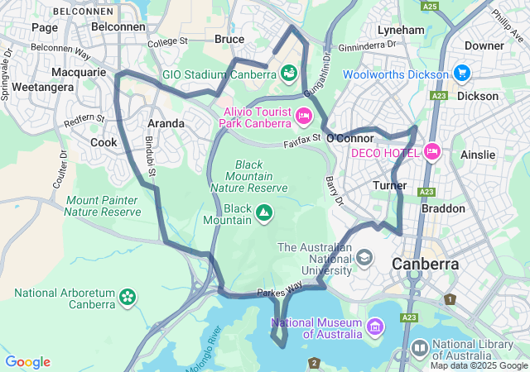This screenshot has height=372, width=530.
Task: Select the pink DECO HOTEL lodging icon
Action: (x=431, y=152)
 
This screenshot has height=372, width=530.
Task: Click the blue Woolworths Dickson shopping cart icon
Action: (x=461, y=74)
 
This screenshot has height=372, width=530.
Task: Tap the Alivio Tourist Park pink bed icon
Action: (x=303, y=116)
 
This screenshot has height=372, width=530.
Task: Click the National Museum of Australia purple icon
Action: (x=374, y=327)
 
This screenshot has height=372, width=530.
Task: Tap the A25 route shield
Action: (x=429, y=7)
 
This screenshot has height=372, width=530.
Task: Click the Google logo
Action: (x=27, y=362)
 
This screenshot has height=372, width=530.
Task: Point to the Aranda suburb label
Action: (x=166, y=123)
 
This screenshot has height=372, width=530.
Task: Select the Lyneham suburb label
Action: (x=401, y=30)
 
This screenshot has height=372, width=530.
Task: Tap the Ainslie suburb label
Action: (x=478, y=155)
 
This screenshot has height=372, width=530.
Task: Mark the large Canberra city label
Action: (x=425, y=265)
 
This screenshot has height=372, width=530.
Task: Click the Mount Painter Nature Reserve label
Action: (x=104, y=206)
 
